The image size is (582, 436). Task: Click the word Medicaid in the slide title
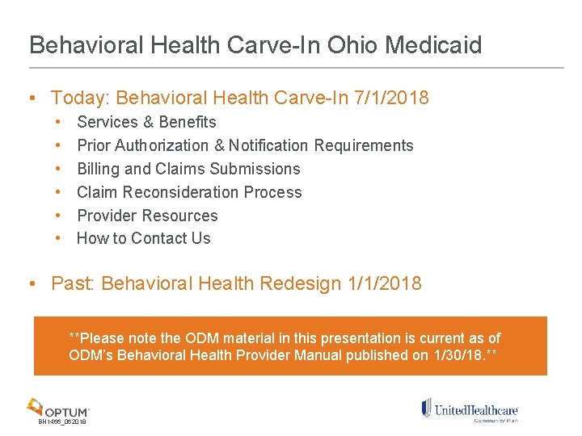pyautogui.click(x=433, y=44)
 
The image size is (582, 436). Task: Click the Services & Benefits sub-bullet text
pyautogui.click(x=146, y=122)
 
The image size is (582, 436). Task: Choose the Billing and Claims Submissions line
pyautogui.click(x=188, y=169)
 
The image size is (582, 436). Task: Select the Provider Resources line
pyautogui.click(x=147, y=216)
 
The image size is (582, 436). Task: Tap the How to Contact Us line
pyautogui.click(x=143, y=238)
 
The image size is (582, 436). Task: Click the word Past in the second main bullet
pyautogui.click(x=71, y=283)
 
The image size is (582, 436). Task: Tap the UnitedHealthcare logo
pyautogui.click(x=470, y=410)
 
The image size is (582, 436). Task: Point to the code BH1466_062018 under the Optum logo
pyautogui.click(x=62, y=422)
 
